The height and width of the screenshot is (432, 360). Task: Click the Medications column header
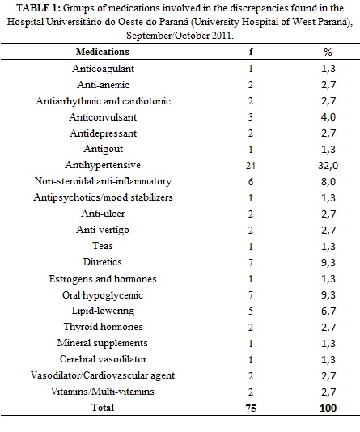tap(103, 52)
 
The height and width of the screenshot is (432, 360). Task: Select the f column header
tap(251, 51)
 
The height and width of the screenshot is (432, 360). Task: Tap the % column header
tap(328, 52)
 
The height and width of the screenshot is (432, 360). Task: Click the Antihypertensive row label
tap(103, 165)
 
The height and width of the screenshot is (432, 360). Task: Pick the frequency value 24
tap(250, 166)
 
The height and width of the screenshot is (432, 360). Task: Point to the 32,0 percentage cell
tap(328, 166)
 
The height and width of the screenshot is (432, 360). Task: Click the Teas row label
tap(103, 245)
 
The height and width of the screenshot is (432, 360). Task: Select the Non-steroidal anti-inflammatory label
tap(103, 181)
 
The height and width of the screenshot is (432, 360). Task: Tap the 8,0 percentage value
tap(328, 182)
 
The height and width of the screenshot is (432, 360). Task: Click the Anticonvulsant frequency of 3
tap(250, 117)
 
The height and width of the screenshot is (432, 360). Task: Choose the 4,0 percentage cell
tap(328, 117)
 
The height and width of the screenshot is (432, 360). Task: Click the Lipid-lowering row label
tap(103, 311)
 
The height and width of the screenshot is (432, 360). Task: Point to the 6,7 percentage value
tap(328, 311)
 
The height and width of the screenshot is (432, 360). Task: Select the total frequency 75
tap(251, 408)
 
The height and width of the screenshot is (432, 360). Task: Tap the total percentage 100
tap(328, 408)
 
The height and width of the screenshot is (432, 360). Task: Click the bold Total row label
tap(103, 408)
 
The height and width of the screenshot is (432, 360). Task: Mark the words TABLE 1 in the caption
tap(37, 8)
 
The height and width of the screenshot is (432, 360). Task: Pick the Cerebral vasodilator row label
tap(103, 359)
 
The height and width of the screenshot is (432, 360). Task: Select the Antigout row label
tap(103, 149)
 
